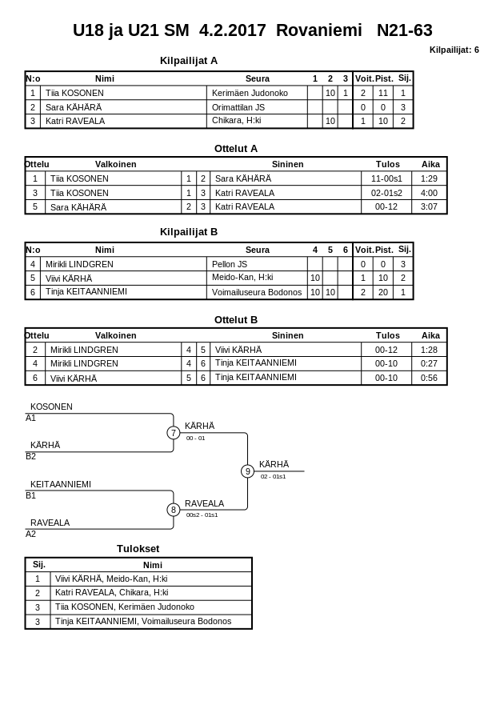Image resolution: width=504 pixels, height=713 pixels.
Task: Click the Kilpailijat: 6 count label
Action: pos(454,50)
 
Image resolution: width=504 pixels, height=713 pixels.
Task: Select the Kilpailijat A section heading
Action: pos(189,60)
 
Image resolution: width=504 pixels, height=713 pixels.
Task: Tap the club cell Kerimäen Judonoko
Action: pos(250,93)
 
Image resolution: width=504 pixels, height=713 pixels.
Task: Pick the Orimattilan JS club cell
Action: pos(238,107)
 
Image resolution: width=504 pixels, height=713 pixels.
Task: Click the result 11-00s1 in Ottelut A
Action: pos(387,178)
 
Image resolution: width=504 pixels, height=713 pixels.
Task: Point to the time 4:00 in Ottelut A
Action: pos(429,193)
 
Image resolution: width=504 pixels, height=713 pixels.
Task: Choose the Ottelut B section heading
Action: pos(236,319)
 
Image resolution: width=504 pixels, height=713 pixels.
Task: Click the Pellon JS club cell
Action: pos(230,264)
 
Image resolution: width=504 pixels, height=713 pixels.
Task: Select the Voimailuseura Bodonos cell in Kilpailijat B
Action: pos(257,293)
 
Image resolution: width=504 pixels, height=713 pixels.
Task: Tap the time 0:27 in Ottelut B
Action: pos(429,363)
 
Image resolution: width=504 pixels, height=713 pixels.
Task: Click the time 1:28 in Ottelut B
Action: pos(429,350)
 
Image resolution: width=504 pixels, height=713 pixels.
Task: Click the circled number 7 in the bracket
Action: pos(173,433)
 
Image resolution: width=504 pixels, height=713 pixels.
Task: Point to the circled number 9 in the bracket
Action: pos(247,471)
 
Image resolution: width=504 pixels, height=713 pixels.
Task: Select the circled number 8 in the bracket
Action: pos(173,510)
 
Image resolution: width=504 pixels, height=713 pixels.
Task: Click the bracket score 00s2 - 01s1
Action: pos(202,515)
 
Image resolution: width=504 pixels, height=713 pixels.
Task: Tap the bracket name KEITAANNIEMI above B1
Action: pos(61,484)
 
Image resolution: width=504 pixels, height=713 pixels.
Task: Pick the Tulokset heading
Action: pos(138,548)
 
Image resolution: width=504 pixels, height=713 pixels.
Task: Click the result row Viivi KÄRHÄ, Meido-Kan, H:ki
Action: pos(111,579)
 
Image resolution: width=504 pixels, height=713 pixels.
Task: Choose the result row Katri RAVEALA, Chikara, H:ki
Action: pos(111,593)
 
